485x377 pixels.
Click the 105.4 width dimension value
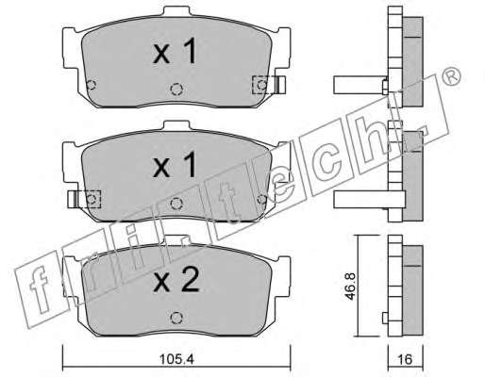point(177,359)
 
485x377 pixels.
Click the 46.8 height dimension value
point(350,286)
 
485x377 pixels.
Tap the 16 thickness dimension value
point(405,359)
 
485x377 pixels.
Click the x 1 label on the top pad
point(175,50)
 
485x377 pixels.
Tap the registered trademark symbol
point(451,76)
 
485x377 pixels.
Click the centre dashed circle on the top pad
point(176,90)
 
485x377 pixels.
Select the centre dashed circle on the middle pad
point(176,204)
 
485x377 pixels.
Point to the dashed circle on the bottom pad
point(176,318)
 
